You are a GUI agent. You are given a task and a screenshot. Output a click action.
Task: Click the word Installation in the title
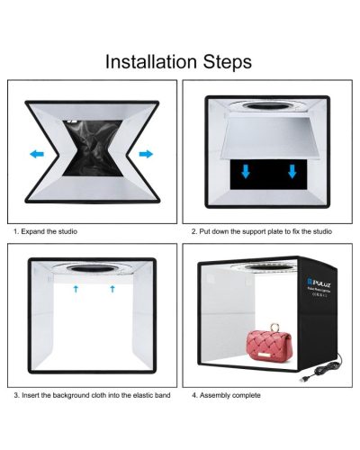pyautogui.click(x=151, y=62)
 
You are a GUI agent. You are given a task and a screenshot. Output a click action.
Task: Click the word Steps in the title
pyautogui.click(x=228, y=62)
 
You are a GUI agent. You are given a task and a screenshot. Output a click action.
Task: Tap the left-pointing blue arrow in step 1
pyautogui.click(x=37, y=154)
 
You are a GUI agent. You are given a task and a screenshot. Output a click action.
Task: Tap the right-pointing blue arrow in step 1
pyautogui.click(x=146, y=154)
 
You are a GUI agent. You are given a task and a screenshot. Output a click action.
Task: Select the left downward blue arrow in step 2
pyautogui.click(x=246, y=171)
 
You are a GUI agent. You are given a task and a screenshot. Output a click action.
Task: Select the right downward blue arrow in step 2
pyautogui.click(x=292, y=171)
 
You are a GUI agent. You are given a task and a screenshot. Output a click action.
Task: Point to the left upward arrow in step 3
pyautogui.click(x=76, y=289)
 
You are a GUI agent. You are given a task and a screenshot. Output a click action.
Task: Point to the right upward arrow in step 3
pyautogui.click(x=112, y=289)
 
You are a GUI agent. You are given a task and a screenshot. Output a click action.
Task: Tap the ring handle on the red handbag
pyautogui.click(x=274, y=327)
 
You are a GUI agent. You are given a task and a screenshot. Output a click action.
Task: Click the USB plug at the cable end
pyautogui.click(x=303, y=379)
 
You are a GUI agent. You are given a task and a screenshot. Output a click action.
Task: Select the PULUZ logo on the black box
pyautogui.click(x=319, y=283)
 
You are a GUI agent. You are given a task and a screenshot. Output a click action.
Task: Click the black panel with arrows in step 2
pyautogui.click(x=268, y=175)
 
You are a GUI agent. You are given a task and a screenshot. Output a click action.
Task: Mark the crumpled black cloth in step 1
pyautogui.click(x=93, y=148)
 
